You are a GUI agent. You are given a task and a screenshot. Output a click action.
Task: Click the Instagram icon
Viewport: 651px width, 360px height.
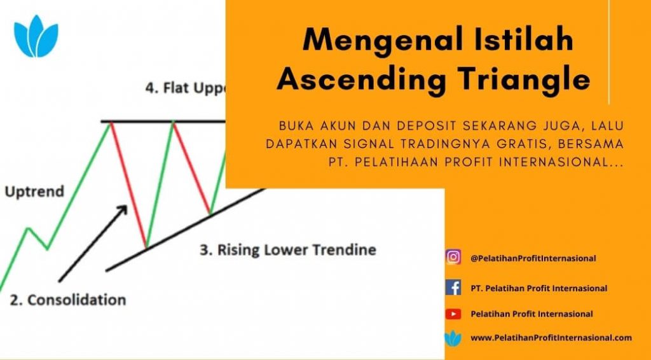pos(453,257)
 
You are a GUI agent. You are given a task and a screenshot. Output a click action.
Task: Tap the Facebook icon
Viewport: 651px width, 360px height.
pos(453,287)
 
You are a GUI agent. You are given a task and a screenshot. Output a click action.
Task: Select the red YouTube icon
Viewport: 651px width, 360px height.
pos(453,314)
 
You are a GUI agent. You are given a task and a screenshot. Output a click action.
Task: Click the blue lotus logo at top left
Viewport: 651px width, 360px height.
pos(36,36)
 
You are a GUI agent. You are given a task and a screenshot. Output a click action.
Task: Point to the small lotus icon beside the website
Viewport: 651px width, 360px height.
pos(453,338)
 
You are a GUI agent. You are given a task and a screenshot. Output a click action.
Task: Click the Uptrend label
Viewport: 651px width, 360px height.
pos(34,192)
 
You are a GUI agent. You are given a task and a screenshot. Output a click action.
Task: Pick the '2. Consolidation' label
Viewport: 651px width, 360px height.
pos(67,300)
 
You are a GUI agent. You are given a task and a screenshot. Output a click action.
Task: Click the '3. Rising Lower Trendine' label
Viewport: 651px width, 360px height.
pos(288,250)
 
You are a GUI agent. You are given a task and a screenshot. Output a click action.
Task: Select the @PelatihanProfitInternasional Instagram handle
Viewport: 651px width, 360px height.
pos(533,258)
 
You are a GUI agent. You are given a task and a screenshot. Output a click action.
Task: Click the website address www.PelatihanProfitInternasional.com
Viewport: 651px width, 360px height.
pos(551,338)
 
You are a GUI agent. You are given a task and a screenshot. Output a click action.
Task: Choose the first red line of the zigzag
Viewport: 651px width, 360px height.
pos(128,185)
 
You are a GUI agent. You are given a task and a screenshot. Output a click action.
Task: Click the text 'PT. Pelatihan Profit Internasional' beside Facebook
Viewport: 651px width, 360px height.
pos(539,288)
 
